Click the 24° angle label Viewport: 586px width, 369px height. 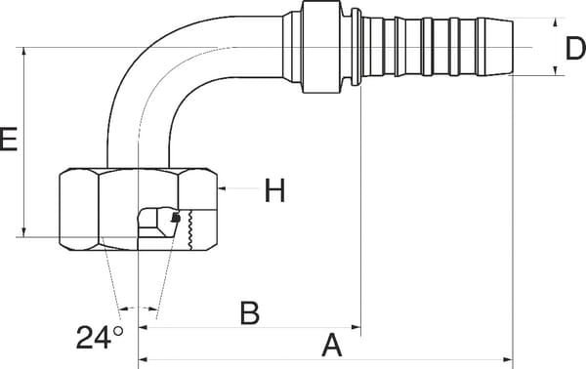pyautogui.click(x=100, y=338)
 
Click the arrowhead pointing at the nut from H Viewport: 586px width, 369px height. pyautogui.click(x=222, y=188)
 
